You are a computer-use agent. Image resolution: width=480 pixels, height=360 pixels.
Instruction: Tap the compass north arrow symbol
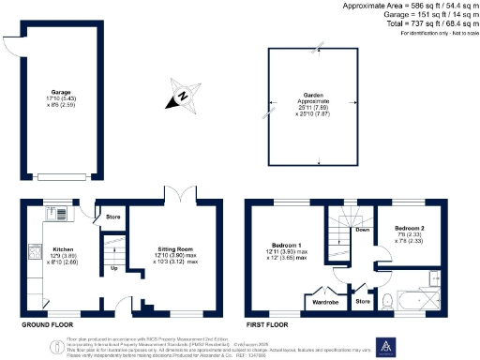(183, 96)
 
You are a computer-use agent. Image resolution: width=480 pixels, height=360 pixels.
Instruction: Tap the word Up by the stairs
(114, 267)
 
